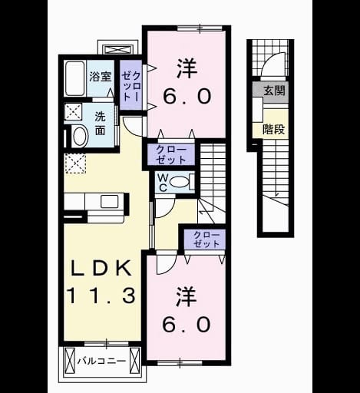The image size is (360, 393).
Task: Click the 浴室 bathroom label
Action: [101, 77]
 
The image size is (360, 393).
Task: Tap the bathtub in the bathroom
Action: [74, 78]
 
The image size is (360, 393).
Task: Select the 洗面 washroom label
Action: [101, 124]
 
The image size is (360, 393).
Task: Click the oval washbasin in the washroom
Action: [81, 136]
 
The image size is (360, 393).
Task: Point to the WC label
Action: [163, 183]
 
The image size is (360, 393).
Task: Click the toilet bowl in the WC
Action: [178, 182]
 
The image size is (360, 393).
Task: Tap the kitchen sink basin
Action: [110, 202]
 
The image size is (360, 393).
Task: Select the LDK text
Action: [101, 268]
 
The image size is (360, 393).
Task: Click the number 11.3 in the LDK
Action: [101, 296]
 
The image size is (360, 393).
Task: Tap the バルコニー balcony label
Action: [102, 362]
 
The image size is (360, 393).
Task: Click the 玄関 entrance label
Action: [274, 91]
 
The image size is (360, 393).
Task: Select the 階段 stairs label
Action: [273, 130]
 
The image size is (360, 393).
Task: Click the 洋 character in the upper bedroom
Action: [187, 68]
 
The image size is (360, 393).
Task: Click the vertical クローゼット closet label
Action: [130, 86]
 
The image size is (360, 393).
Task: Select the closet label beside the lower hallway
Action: [206, 239]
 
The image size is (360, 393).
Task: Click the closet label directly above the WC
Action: [170, 155]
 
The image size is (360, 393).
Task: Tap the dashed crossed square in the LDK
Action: [75, 163]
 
